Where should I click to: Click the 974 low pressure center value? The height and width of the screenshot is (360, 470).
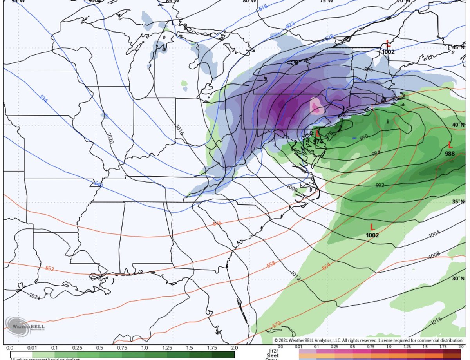click(x=318, y=142)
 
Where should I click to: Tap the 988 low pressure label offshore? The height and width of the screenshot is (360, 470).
click(x=450, y=154)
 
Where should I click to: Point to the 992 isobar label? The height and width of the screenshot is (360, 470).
click(x=380, y=185)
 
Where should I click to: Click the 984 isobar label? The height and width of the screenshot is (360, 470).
click(x=376, y=153)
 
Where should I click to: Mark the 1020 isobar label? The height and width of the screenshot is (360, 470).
click(x=110, y=138)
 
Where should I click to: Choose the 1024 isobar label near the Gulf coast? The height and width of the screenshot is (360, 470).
click(x=34, y=297)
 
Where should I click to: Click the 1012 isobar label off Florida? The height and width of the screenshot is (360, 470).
click(x=295, y=276)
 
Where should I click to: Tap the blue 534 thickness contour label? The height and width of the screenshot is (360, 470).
click(x=43, y=98)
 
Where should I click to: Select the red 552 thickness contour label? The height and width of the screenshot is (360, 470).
click(x=50, y=268)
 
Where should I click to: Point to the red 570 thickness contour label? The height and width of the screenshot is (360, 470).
click(x=276, y=325)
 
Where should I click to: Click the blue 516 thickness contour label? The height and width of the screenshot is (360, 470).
click(x=263, y=7)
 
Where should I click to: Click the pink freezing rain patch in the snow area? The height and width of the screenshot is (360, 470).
click(x=316, y=106)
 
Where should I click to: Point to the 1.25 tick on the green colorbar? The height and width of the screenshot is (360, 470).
click(x=167, y=348)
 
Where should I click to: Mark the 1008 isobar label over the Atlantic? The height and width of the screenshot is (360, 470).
click(x=434, y=255)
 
